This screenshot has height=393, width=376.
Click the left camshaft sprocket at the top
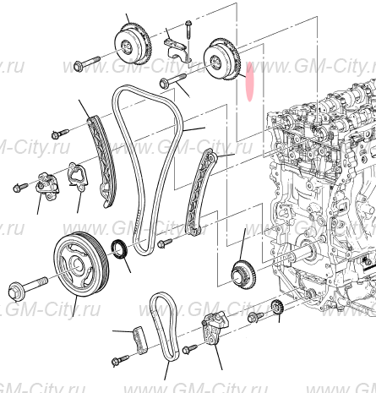(130, 46)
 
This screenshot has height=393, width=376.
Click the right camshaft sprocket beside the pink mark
(224, 59)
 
